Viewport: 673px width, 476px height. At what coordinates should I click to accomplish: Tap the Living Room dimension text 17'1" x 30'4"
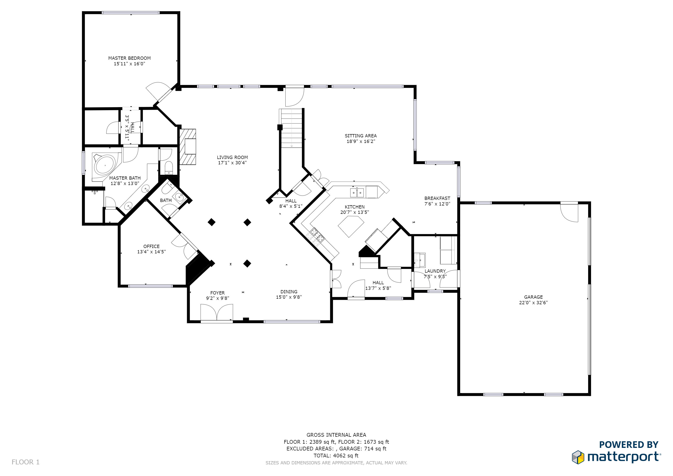(x=232, y=163)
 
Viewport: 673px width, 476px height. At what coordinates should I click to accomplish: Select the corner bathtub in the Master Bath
(x=105, y=165)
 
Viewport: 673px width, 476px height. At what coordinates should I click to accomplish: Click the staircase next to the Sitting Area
(x=291, y=128)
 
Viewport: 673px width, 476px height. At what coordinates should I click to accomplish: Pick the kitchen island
(x=351, y=226)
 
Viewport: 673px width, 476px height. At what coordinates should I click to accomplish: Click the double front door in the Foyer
(x=217, y=312)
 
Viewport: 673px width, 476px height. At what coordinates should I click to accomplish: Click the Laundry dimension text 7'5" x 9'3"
(x=435, y=276)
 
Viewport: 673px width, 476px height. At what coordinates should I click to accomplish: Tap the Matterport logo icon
(x=578, y=457)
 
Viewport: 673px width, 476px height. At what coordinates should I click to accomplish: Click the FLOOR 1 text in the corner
(x=26, y=462)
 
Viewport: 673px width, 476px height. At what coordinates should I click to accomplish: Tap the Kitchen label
(x=354, y=207)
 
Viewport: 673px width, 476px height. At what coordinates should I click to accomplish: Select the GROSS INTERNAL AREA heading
(x=336, y=435)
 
